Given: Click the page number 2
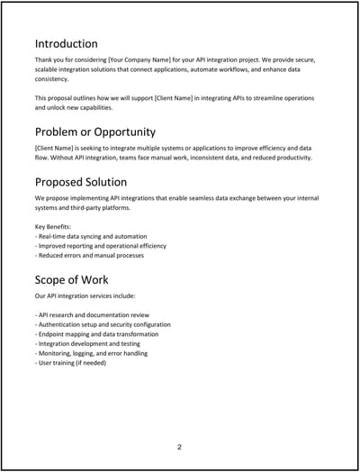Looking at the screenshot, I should click(179, 446).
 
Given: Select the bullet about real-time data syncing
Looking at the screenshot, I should click(94, 235).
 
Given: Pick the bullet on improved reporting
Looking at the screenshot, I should click(100, 245).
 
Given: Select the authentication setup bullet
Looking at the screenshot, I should click(103, 324).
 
